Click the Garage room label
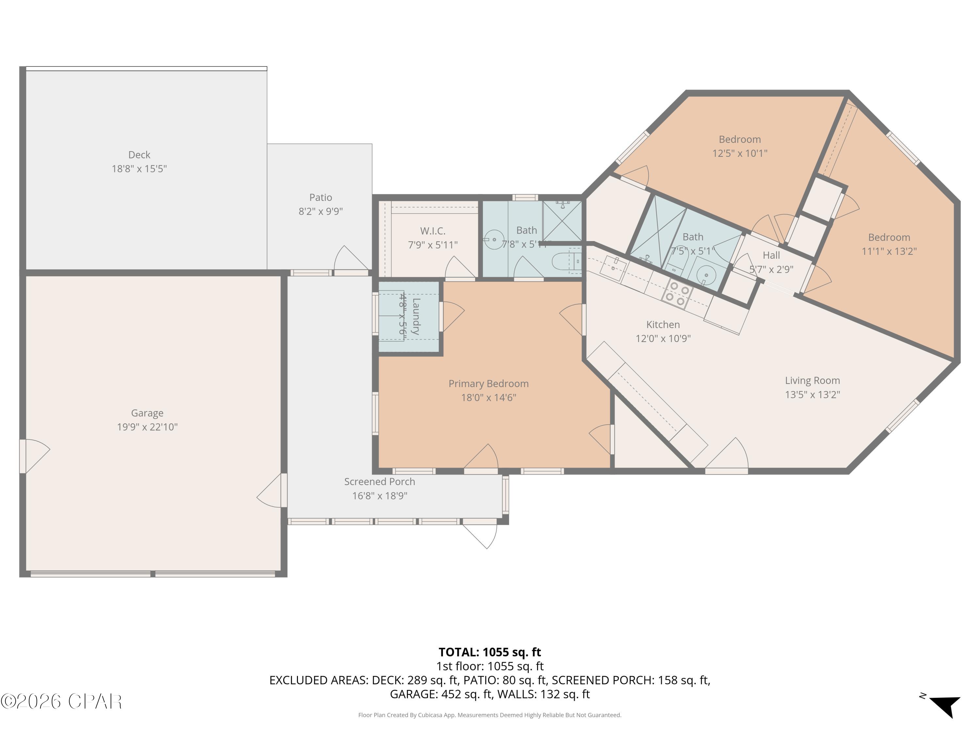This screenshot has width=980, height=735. point(147,413)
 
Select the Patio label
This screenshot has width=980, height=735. point(320,197)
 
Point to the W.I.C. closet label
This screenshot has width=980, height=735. point(433,231)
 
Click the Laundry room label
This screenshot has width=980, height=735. point(416,316)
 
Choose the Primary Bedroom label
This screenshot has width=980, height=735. point(488,384)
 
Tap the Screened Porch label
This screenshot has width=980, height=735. point(379,482)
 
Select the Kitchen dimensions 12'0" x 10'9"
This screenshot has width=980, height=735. point(663,338)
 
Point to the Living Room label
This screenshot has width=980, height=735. point(812,381)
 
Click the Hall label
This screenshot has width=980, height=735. point(771,255)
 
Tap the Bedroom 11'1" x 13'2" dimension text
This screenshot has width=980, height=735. point(889,251)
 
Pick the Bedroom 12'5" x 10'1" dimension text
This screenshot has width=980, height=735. point(740,153)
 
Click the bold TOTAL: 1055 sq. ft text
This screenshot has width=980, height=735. point(490,652)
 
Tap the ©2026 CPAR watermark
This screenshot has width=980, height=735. point(61,701)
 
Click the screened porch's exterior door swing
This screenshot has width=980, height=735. point(482,535)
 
